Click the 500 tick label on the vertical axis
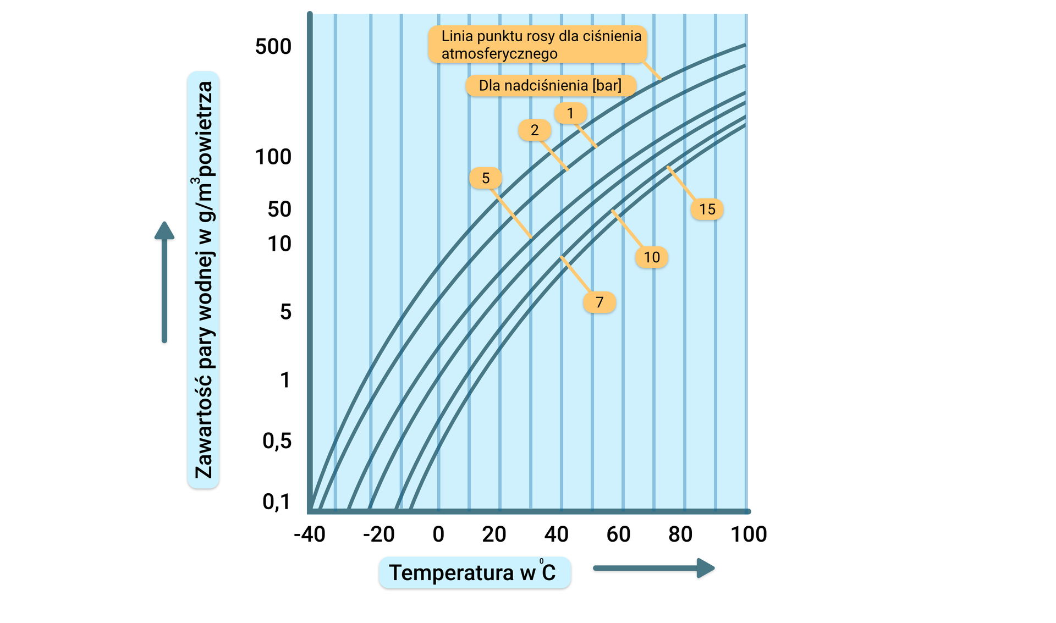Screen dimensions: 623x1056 273,47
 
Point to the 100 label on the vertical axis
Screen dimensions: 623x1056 273,157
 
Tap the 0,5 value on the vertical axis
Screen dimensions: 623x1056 277,441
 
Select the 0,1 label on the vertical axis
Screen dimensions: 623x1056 277,501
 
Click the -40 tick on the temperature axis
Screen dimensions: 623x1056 310,534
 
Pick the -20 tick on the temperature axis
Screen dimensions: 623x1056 379,534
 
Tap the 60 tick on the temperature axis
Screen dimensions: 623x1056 618,534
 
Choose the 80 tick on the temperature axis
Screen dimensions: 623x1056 680,534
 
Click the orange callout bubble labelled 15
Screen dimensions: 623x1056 707,209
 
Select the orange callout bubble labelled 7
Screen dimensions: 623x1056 599,302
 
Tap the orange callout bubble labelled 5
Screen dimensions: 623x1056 486,178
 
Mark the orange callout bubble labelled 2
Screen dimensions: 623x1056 535,130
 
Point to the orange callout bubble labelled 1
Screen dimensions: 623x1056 570,113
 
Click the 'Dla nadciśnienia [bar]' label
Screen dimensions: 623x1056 551,86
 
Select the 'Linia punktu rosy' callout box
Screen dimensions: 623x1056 537,44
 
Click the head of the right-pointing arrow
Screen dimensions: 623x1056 706,568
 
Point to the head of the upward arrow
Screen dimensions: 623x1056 164,230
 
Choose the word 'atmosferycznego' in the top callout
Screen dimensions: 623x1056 499,54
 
